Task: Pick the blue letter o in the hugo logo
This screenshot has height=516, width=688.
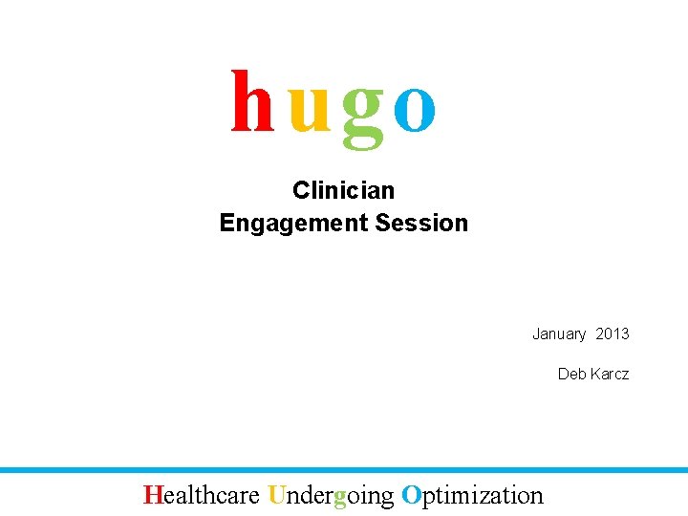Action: pos(415,107)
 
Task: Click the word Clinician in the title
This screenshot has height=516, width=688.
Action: pos(343,190)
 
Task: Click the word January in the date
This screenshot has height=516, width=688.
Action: pos(559,333)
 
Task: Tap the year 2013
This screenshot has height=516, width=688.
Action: pos(613,333)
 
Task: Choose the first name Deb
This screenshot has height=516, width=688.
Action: pos(571,374)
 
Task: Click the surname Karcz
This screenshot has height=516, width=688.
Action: pos(609,374)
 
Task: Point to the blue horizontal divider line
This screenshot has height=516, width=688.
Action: pos(344,470)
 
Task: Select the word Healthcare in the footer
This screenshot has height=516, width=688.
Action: pos(202,495)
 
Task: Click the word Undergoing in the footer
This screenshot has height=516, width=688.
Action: pos(331,496)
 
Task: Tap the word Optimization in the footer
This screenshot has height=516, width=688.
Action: pos(472,495)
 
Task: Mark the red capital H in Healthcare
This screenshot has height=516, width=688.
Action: pos(152,495)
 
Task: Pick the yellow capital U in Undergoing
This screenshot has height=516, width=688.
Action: pos(277,495)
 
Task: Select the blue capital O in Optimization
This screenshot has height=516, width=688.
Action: pos(411,495)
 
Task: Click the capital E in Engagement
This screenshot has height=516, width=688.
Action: pos(226,223)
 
